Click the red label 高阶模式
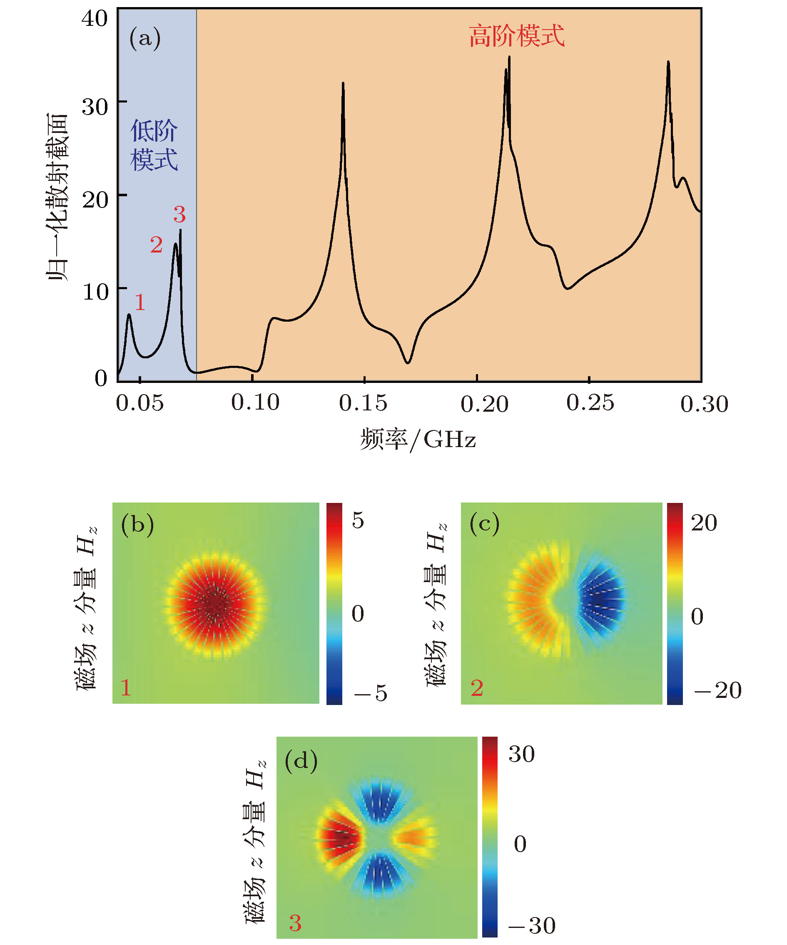(516, 36)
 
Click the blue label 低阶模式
(154, 145)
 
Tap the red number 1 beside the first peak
(140, 302)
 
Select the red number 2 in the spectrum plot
(156, 245)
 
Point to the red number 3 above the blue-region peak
(179, 215)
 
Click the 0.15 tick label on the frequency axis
(363, 403)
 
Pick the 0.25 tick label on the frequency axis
(590, 403)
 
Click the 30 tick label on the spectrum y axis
(95, 107)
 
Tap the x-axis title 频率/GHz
(418, 439)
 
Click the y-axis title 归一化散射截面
(57, 197)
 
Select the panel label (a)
(145, 38)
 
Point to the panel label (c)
(484, 523)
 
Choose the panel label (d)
(301, 760)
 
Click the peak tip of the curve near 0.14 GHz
(343, 84)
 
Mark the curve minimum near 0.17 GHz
(407, 362)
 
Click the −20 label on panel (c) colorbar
(717, 690)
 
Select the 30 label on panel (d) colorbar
(522, 754)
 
